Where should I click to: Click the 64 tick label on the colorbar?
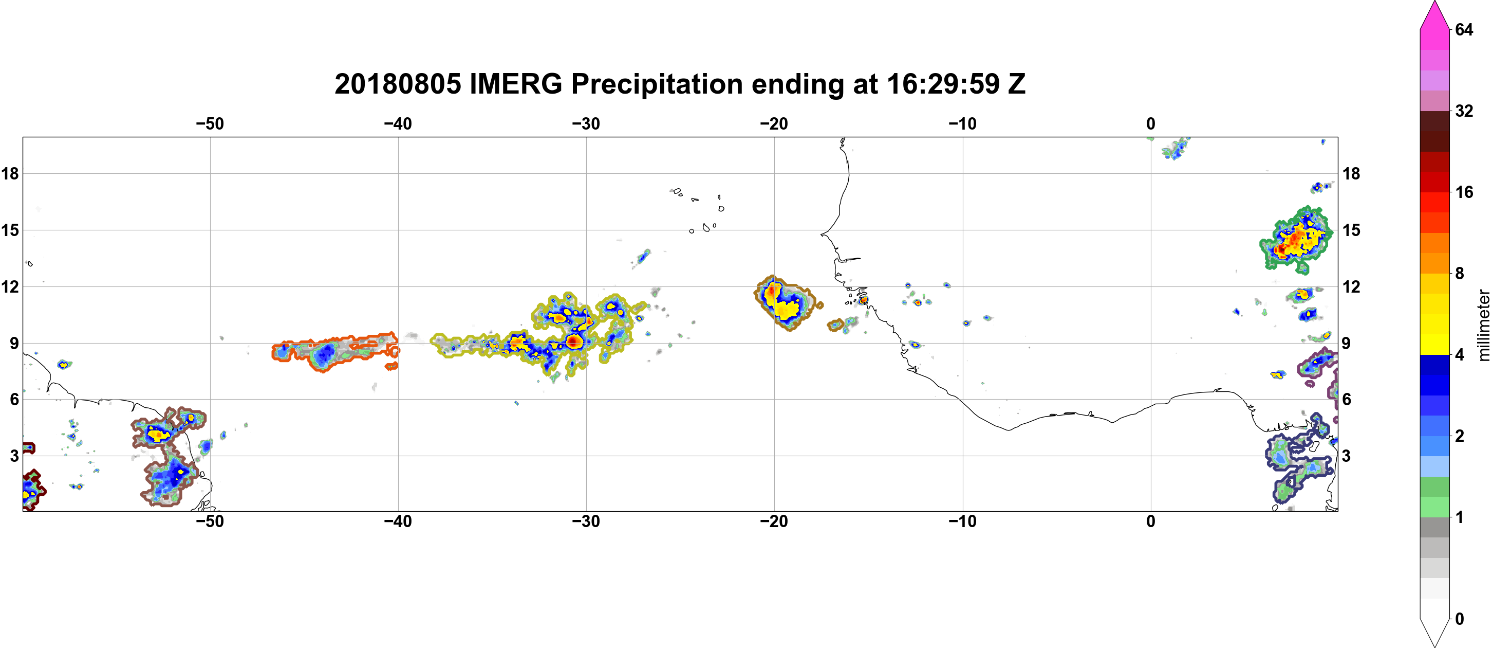(1464, 29)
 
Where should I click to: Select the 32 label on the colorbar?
(1464, 111)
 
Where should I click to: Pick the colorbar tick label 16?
(1464, 192)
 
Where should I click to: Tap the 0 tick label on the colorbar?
(1460, 619)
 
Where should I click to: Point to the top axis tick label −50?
(210, 123)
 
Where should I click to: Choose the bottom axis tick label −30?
(586, 521)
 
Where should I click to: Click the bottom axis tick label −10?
(963, 521)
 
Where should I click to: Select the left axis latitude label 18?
(10, 173)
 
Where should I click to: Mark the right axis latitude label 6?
(1347, 400)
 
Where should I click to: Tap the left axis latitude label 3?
(14, 456)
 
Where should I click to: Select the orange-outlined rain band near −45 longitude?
(335, 351)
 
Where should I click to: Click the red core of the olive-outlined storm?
(573, 341)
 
